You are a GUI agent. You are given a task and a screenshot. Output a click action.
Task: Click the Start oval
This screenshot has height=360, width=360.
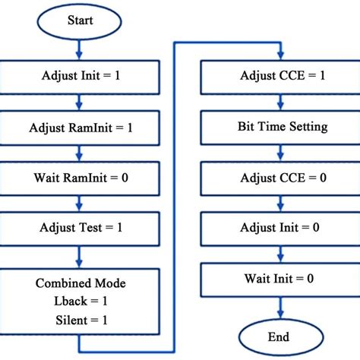click(x=80, y=21)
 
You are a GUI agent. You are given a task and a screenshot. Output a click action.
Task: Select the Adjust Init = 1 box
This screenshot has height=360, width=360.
click(x=80, y=77)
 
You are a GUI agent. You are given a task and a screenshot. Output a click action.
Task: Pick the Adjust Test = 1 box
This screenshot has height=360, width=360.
click(x=80, y=226)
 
